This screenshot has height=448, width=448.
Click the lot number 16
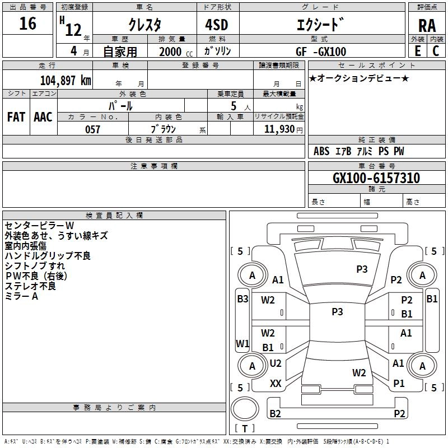pyautogui.click(x=27, y=24)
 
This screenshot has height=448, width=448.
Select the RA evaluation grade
pyautogui.click(x=427, y=26)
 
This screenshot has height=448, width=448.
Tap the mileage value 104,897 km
pyautogui.click(x=66, y=81)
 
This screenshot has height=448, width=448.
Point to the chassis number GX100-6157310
pyautogui.click(x=376, y=178)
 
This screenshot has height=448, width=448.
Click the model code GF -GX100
pyautogui.click(x=321, y=52)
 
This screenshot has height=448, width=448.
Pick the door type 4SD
pyautogui.click(x=217, y=25)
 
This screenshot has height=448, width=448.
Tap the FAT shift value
pyautogui.click(x=16, y=117)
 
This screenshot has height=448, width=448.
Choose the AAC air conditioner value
pyautogui.click(x=43, y=117)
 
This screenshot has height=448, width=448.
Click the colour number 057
pyautogui.click(x=93, y=129)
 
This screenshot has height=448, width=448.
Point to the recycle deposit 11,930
pyautogui.click(x=279, y=129)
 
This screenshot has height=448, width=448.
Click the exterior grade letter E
pyautogui.click(x=418, y=51)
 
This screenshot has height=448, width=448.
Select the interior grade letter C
pyautogui.click(x=436, y=51)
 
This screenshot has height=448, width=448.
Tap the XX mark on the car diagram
pyautogui.click(x=276, y=384)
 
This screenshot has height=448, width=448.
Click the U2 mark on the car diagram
pyautogui.click(x=276, y=363)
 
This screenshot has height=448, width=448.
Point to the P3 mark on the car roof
pyautogui.click(x=337, y=311)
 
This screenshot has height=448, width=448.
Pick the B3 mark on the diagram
pyautogui.click(x=242, y=299)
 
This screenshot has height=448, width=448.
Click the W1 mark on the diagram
pyautogui.click(x=242, y=343)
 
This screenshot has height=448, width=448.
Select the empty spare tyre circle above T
pyautogui.click(x=245, y=409)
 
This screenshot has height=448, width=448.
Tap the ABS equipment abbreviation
pyautogui.click(x=321, y=151)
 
